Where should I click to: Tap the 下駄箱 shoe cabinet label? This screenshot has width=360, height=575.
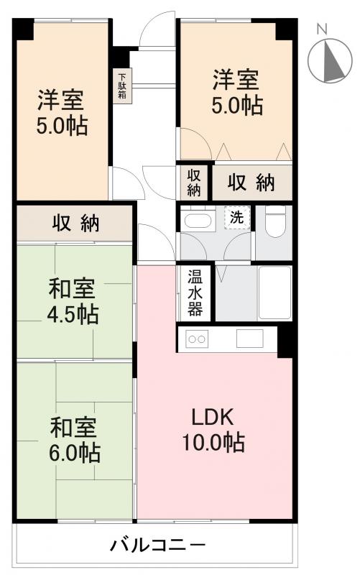point(122,86)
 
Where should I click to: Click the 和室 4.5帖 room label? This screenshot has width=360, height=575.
point(73,301)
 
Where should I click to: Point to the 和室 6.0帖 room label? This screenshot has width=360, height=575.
point(74,439)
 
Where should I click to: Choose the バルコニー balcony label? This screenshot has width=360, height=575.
point(157,545)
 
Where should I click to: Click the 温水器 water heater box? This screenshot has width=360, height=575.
point(195,293)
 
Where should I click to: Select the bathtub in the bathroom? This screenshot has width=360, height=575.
point(274,293)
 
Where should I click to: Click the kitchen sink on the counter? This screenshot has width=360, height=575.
point(250,339)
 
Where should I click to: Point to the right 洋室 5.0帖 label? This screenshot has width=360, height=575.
point(236,91)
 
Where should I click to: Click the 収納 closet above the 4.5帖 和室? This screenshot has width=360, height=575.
point(75,224)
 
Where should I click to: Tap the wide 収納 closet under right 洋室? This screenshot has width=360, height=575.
point(251,183)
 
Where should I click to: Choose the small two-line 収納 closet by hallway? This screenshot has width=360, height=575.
point(194,183)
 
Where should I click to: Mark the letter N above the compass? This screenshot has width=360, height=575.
point(323,28)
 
